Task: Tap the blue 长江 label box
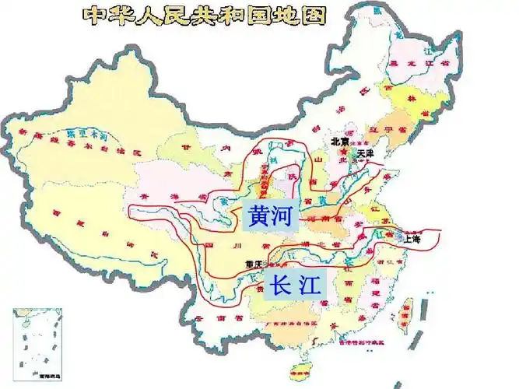click(x=293, y=286)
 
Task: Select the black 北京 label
click(x=340, y=142)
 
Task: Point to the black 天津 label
click(x=365, y=154)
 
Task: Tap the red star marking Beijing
click(x=339, y=152)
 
